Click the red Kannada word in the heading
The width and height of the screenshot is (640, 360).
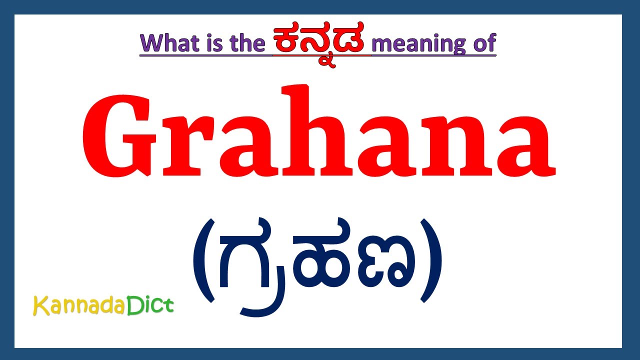click(x=321, y=41)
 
